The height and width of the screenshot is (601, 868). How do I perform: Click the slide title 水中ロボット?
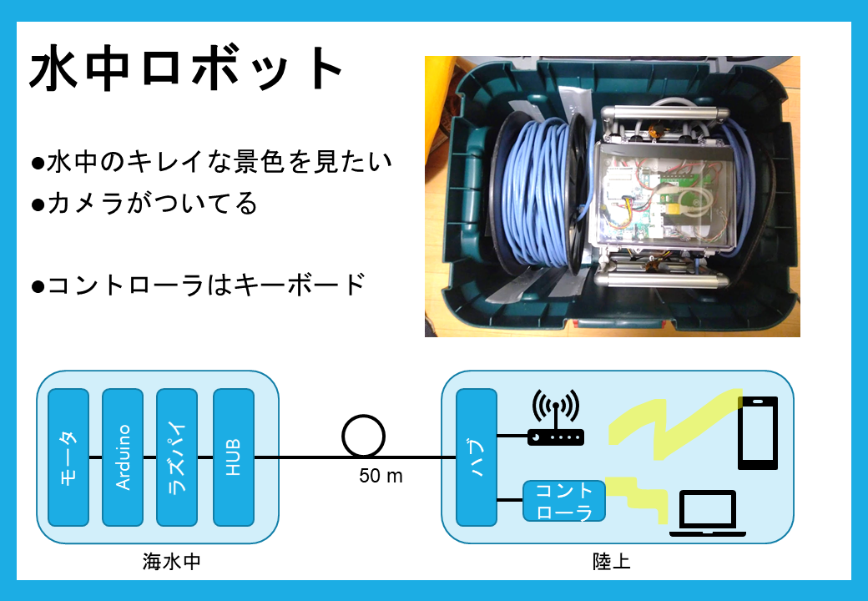187,68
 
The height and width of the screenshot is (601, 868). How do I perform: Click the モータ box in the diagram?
68,457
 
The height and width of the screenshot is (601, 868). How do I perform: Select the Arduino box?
123,457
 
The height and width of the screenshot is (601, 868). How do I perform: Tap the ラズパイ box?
177,457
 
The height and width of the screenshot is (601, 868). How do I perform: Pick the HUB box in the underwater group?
234,457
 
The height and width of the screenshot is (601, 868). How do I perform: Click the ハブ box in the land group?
476,457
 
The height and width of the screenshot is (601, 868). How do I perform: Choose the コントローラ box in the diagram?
564,501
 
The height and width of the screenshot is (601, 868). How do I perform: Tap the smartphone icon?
758,432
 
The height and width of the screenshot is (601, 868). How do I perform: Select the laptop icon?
708,513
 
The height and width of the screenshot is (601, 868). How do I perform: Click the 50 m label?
381,476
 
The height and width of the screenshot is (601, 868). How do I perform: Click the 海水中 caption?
172,562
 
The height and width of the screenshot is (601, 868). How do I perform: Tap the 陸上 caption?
611,562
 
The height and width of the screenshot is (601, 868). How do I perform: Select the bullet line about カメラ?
144,203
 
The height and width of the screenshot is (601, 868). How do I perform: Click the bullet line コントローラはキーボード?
199,285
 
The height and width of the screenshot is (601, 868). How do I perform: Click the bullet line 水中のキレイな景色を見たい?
211,162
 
